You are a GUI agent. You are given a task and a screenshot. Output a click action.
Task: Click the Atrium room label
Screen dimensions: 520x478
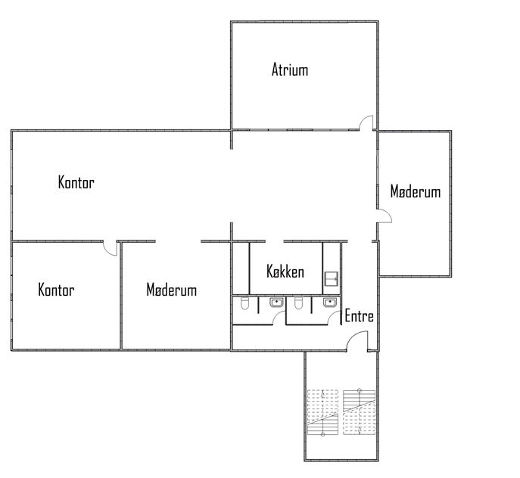point(290,70)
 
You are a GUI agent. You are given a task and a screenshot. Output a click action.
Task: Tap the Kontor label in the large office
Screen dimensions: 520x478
point(76,182)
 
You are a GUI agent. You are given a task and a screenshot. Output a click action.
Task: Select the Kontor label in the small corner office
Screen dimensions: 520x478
point(56,290)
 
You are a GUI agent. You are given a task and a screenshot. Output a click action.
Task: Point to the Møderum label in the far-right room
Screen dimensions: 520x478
point(416,191)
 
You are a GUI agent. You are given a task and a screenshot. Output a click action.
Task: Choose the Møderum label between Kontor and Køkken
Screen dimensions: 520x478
point(172,290)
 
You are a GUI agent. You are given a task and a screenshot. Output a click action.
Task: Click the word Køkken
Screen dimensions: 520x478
point(285,272)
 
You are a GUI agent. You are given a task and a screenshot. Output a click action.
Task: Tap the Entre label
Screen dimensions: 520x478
point(360,316)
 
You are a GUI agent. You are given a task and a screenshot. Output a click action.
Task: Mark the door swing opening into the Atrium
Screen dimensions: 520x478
point(366,123)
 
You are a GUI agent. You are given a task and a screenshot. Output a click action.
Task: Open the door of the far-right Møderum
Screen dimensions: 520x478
point(385,216)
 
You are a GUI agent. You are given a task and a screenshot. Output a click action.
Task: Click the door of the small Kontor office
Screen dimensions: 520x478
point(111,248)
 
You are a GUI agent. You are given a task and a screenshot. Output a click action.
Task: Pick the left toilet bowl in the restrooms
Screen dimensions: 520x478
point(244,303)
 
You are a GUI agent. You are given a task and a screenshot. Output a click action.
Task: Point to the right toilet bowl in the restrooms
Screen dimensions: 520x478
point(298,303)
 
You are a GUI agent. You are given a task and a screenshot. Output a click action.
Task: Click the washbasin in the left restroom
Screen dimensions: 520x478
point(276,303)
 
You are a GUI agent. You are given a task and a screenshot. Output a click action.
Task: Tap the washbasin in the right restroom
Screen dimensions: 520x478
point(330,303)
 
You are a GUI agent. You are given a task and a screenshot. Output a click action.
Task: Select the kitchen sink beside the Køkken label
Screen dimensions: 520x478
point(332,278)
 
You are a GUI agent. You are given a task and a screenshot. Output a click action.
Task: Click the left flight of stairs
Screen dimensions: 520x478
point(322,412)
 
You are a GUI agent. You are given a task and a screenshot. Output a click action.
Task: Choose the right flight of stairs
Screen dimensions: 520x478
point(360,412)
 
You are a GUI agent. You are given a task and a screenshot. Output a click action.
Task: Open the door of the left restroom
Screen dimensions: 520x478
point(279,318)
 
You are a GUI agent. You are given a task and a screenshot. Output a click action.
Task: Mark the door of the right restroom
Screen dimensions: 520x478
point(334,318)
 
